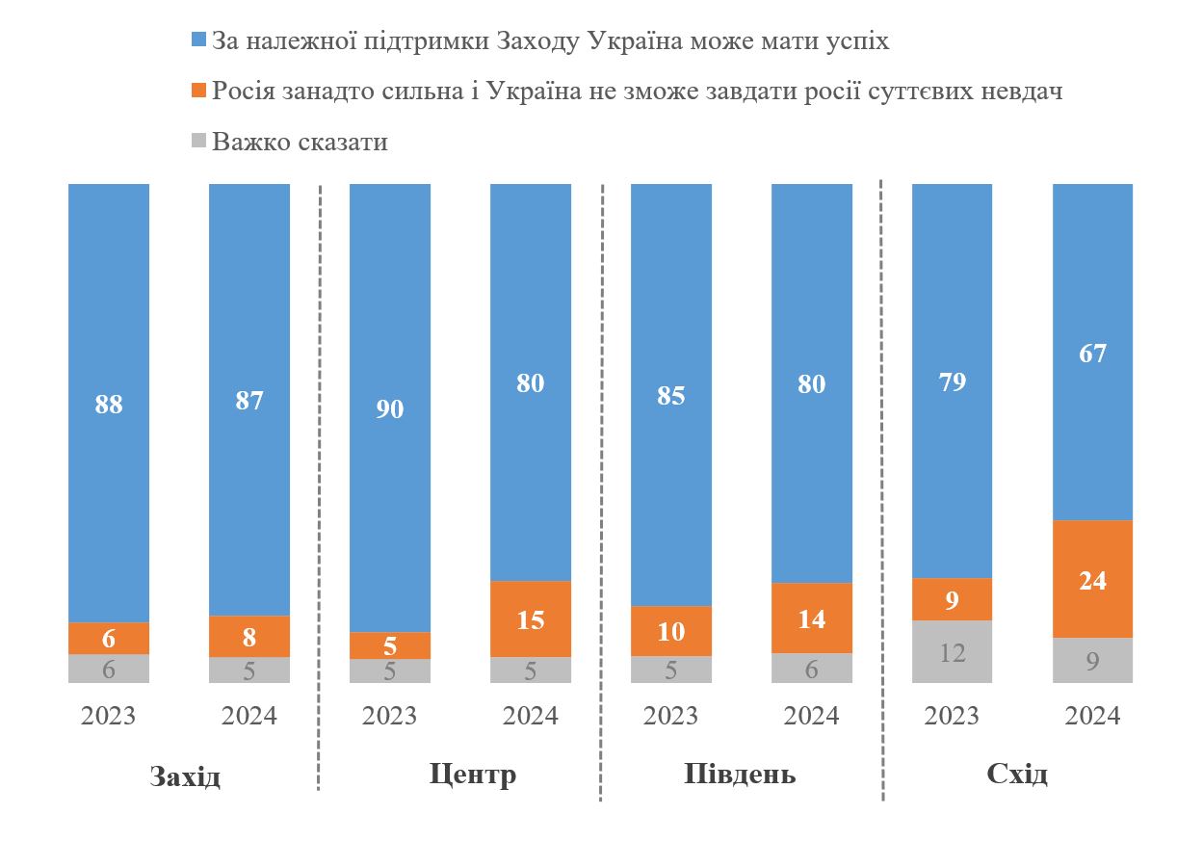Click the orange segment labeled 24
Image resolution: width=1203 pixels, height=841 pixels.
point(1092,579)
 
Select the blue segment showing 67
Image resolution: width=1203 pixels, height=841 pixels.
point(1092,353)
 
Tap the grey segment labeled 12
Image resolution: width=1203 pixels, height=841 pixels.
point(952,651)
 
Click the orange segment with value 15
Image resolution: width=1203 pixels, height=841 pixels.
point(531,618)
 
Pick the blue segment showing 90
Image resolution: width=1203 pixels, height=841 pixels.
point(389,407)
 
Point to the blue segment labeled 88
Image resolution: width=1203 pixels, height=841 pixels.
point(109,403)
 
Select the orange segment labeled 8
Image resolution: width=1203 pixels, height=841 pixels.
point(249,636)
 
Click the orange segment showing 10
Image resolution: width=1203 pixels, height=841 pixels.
point(670,631)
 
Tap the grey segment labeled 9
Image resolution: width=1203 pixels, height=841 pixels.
point(1092,660)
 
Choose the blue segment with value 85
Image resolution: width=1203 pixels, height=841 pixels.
point(670,394)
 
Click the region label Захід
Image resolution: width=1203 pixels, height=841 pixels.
point(185,776)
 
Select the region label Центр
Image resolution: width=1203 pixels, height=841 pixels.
point(473,775)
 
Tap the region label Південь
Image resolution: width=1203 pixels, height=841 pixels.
point(740,775)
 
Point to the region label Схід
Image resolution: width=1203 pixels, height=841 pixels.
point(1017,775)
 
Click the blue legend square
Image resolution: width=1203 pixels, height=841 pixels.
point(199,40)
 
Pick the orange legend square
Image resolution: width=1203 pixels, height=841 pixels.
point(199,92)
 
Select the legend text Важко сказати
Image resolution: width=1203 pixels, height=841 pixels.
point(300,142)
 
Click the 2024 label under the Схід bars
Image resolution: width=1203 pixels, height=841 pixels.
point(1092,716)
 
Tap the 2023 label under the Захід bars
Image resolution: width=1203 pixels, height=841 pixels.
point(109,716)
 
